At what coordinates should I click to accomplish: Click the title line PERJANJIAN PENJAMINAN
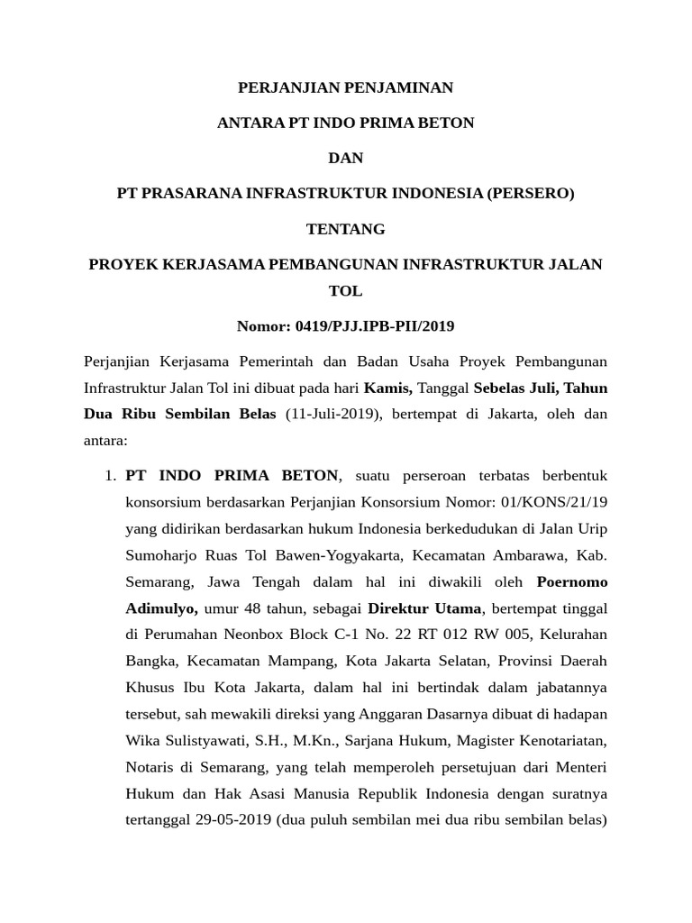click(x=345, y=87)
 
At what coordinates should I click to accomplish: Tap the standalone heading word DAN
click(x=345, y=158)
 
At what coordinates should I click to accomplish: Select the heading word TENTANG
click(x=345, y=229)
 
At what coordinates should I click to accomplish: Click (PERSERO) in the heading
click(x=530, y=193)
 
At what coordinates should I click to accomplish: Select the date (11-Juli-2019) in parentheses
click(x=331, y=414)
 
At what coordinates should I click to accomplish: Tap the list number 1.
click(x=111, y=475)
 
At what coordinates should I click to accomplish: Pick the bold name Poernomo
click(x=572, y=581)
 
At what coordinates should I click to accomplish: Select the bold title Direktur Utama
click(x=425, y=608)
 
